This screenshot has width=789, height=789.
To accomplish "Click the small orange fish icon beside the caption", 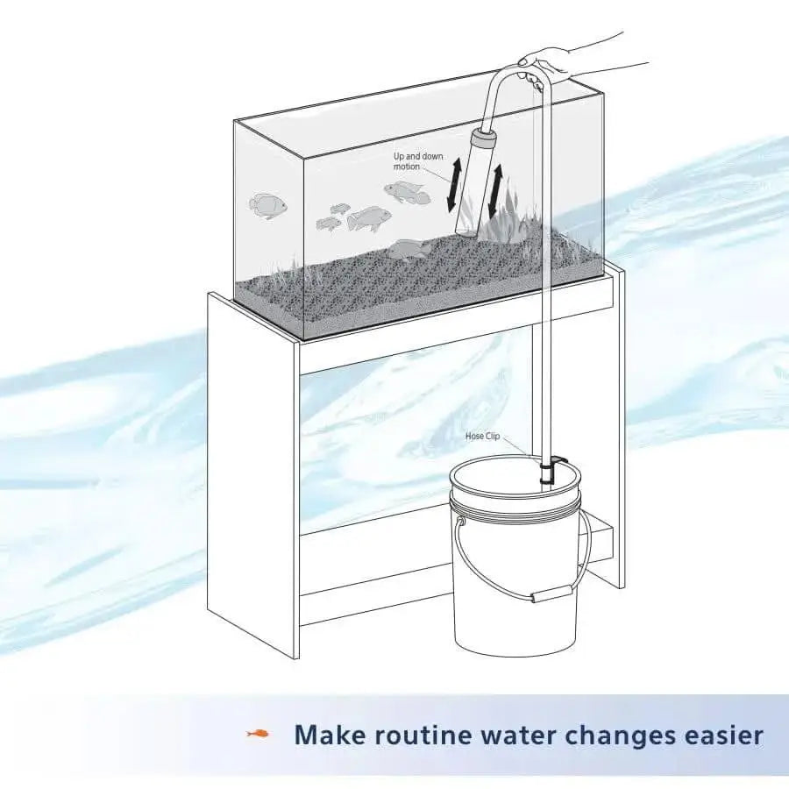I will click(258, 733).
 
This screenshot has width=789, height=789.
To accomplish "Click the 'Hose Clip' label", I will click(482, 436).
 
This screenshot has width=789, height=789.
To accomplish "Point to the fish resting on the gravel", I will click(407, 249).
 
